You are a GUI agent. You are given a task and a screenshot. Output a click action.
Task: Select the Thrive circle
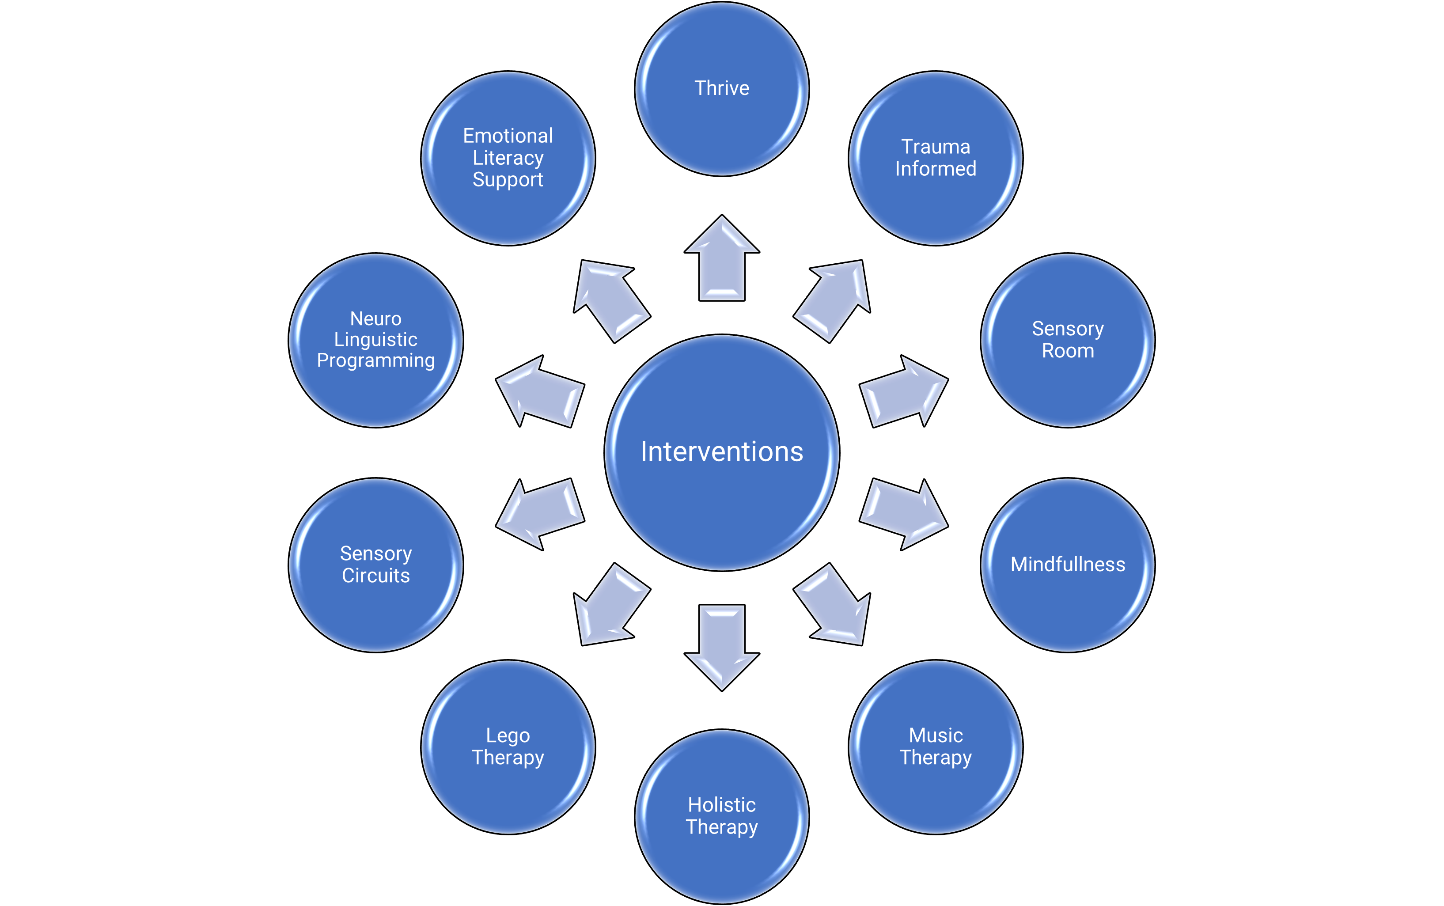coord(722,89)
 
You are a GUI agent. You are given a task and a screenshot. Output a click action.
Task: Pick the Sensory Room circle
coord(1068,340)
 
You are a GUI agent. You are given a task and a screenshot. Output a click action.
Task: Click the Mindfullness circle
coord(1068,565)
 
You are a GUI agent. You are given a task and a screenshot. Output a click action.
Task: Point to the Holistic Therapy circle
coord(722,816)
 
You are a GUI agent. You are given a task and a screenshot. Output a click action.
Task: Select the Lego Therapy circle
coord(508,747)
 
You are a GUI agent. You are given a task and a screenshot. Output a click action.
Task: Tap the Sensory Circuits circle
coord(375,565)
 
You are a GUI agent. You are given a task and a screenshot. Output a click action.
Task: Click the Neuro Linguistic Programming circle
coord(375,340)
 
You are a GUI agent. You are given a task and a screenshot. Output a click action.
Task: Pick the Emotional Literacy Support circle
coord(508,158)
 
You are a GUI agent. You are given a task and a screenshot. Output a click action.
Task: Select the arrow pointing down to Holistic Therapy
coord(722,647)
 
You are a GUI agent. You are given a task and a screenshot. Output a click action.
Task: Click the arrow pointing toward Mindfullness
coord(903,514)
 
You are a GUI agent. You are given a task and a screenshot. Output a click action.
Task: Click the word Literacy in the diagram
coord(508,158)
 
